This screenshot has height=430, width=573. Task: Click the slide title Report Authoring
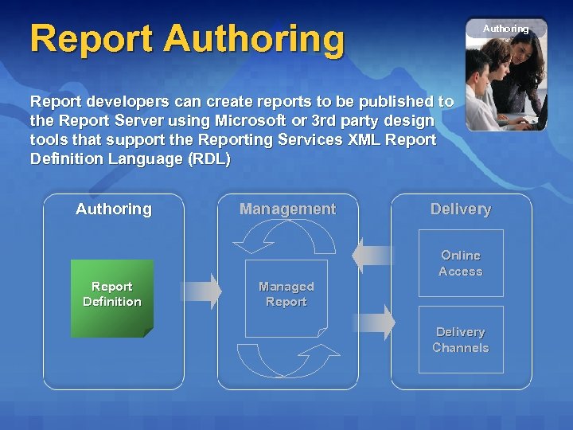click(187, 39)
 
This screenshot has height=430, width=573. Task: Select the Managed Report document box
click(286, 296)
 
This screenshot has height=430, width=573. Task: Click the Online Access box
click(461, 264)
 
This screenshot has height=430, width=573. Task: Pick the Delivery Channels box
click(461, 340)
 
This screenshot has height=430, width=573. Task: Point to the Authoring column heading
click(113, 209)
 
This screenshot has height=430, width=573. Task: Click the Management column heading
click(287, 209)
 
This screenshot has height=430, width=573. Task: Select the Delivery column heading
click(461, 209)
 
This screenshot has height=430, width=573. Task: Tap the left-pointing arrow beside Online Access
click(372, 255)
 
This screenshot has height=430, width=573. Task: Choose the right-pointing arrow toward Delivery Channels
click(374, 322)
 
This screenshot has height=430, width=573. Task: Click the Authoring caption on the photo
click(505, 29)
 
